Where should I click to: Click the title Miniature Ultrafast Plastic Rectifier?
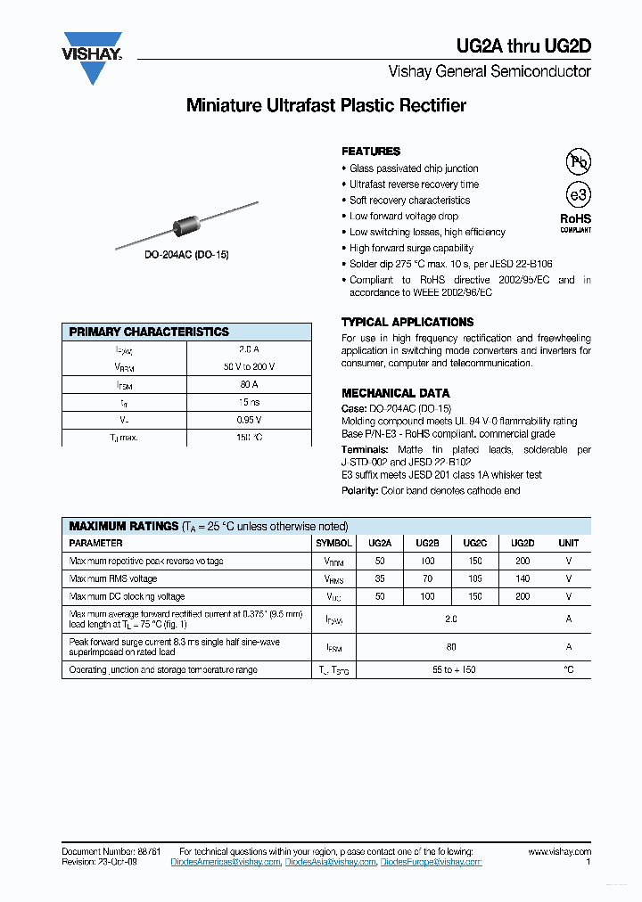point(325,105)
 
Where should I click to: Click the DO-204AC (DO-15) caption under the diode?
point(186,255)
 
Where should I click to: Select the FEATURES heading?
point(371,152)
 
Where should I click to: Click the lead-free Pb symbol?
point(579,161)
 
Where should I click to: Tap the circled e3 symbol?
point(579,195)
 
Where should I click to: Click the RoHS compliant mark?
point(575,222)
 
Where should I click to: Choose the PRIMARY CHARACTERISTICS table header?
point(149,332)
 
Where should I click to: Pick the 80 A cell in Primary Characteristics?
point(249,384)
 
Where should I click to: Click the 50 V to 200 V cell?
point(249,366)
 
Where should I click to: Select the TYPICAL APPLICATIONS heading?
point(407,322)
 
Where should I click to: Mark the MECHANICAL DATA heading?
point(395,393)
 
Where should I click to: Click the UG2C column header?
point(475,543)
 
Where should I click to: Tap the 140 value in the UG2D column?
point(523,578)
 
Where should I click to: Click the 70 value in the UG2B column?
point(427,578)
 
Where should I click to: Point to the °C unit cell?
point(568,669)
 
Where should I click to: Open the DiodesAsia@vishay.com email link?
point(331,862)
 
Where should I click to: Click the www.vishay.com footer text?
point(559,852)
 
